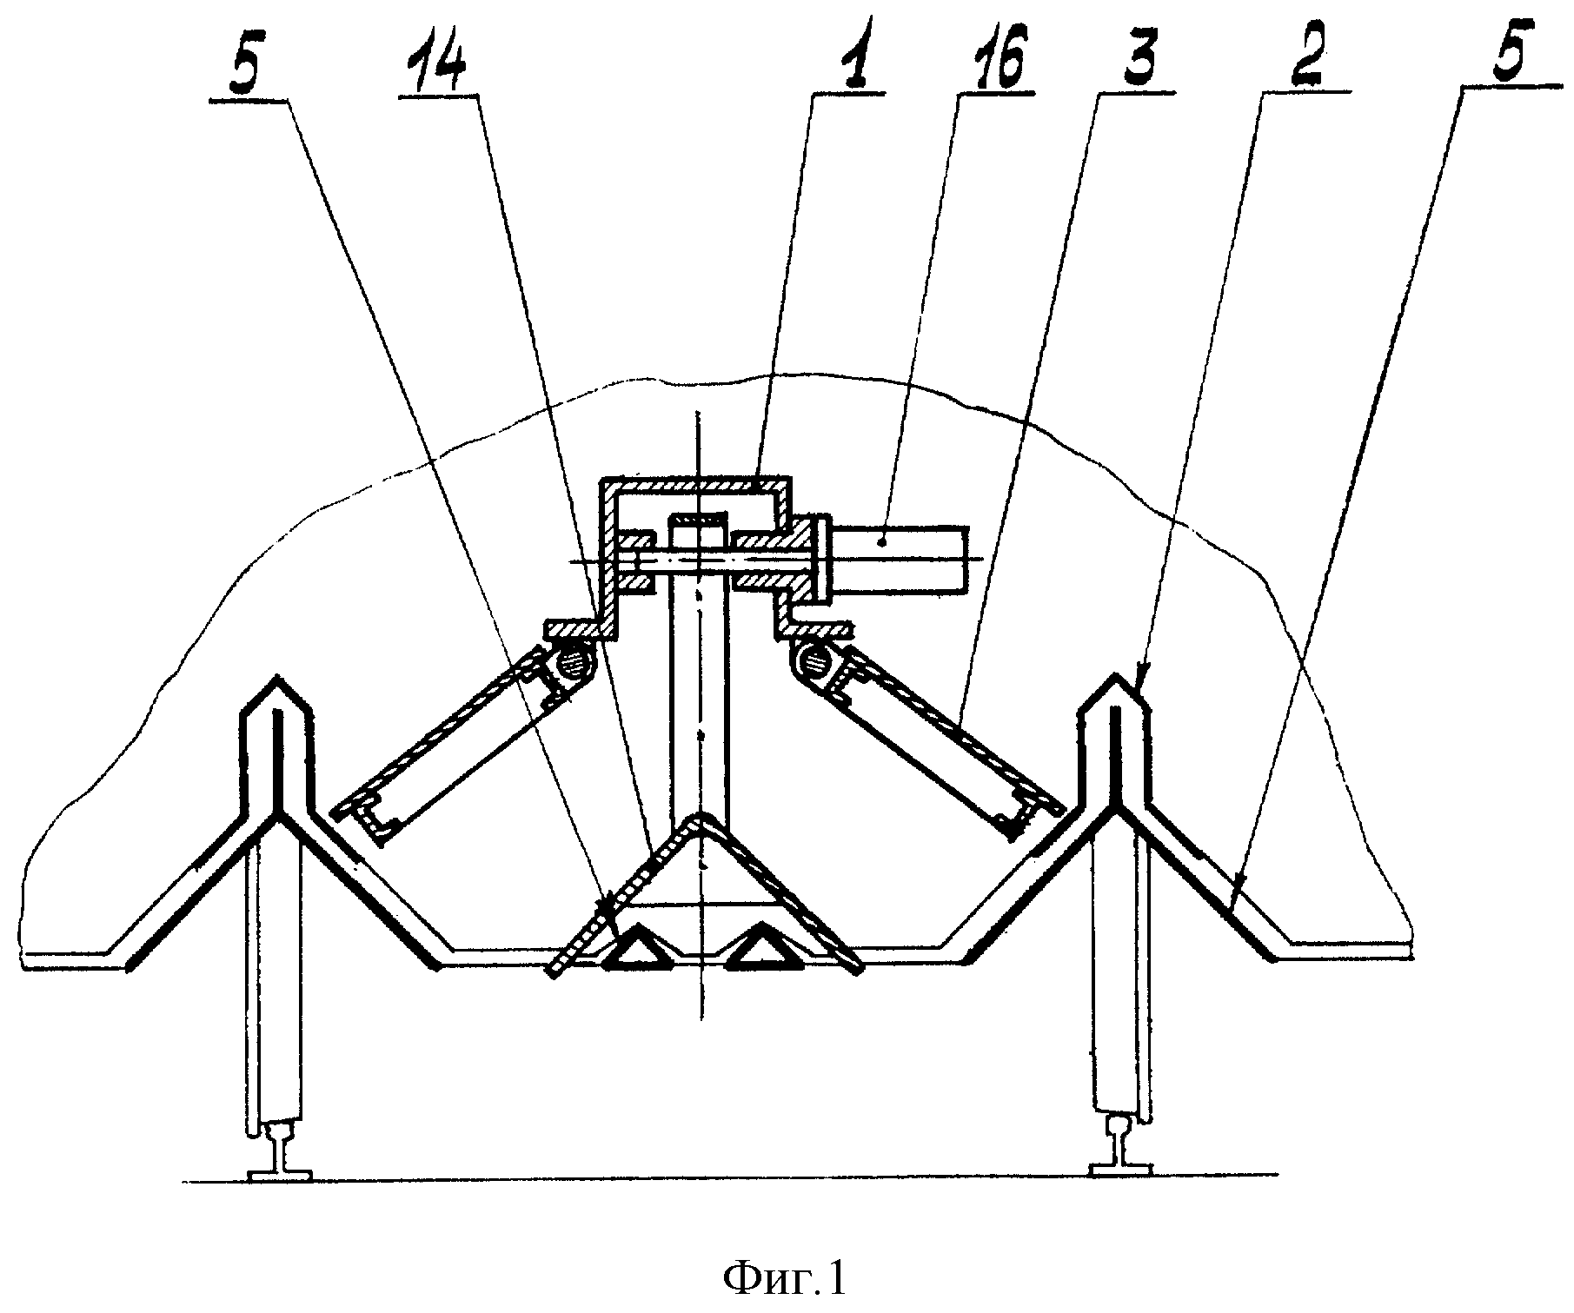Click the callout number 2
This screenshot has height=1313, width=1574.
click(1309, 56)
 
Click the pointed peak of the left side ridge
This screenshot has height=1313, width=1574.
click(276, 674)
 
